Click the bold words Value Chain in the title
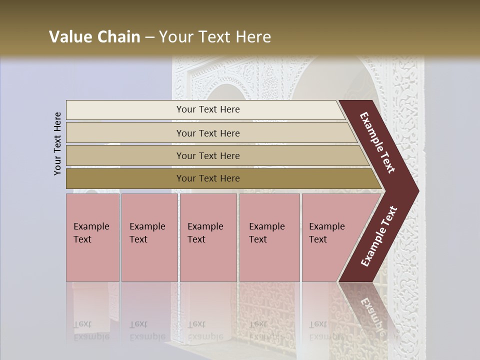[94, 37]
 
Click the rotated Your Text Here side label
[58, 143]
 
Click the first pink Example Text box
[92, 237]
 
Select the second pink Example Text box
[149, 237]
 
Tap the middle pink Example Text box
[208, 237]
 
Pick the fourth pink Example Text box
[269, 237]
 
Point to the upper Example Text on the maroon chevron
[378, 143]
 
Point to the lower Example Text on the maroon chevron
[379, 236]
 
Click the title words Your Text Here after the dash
[215, 37]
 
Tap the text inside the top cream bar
[208, 109]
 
